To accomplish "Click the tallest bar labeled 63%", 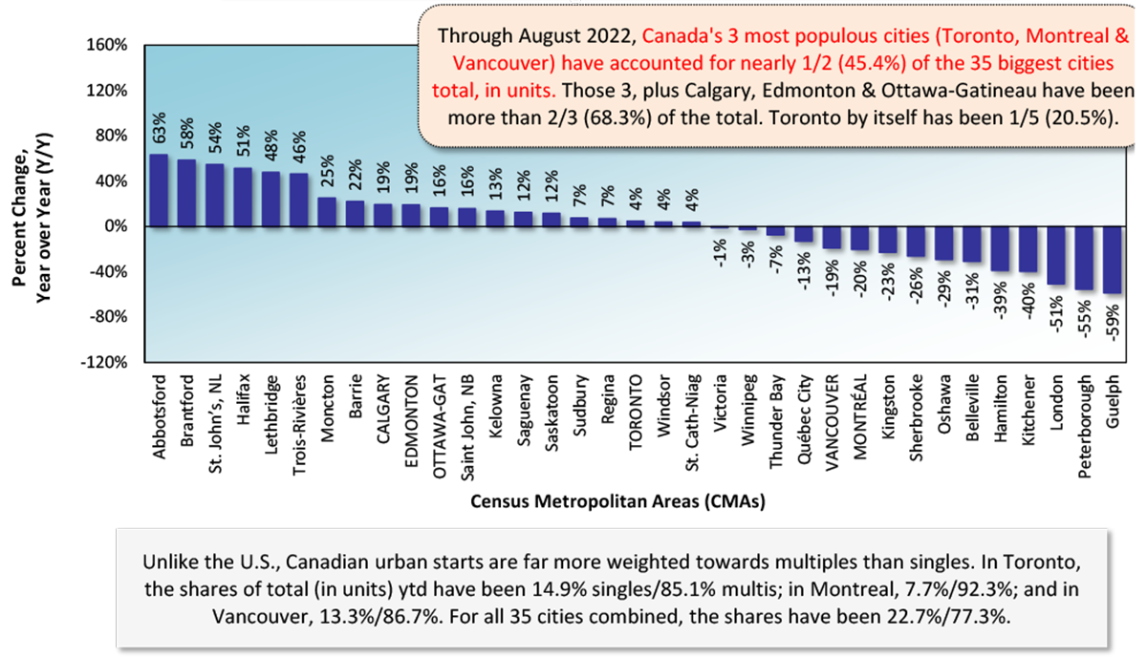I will point(159,191).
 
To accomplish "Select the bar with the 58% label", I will point(187,193).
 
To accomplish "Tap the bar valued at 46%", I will point(298,200).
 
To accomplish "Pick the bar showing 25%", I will point(327,212).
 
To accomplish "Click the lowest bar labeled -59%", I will point(1112,260).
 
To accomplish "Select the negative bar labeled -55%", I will point(1084,258).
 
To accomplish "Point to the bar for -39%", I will point(1001,249).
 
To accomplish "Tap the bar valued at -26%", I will point(917,242).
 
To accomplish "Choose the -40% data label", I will point(1028,298).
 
